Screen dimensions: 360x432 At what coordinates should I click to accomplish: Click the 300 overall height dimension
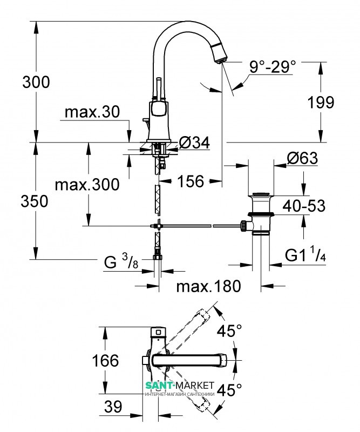(36, 82)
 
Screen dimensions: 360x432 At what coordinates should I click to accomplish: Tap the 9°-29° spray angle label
(273, 66)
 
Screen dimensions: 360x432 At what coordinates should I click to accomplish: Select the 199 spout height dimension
(321, 102)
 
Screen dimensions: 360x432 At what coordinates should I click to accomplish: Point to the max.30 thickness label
(92, 112)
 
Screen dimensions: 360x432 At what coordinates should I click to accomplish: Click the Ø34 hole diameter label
(194, 143)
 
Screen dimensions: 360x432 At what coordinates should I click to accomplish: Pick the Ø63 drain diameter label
(302, 158)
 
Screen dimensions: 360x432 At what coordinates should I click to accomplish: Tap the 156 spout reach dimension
(191, 181)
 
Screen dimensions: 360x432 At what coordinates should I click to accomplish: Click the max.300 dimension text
(87, 184)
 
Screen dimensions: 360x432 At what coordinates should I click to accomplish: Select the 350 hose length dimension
(35, 201)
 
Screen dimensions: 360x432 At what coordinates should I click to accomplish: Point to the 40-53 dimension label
(304, 206)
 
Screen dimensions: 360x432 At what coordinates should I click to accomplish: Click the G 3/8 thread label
(121, 261)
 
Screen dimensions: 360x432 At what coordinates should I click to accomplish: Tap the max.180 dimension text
(208, 286)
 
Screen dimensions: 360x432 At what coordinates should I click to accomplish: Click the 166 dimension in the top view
(105, 360)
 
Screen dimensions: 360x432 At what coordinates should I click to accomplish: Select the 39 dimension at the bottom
(113, 407)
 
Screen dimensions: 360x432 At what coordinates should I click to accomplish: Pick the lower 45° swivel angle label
(229, 389)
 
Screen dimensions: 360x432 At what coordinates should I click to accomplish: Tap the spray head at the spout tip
(221, 53)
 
